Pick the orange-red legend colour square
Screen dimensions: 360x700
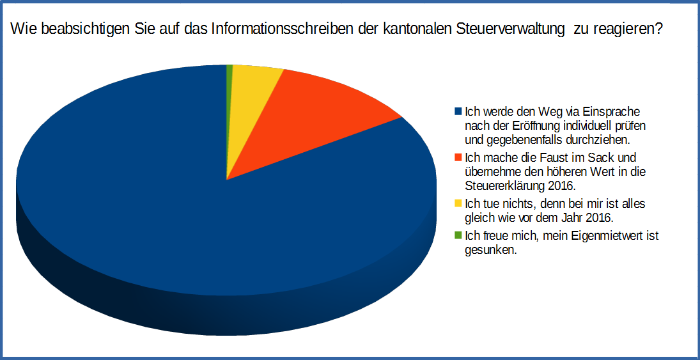pos(458,157)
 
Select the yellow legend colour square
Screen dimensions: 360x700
pos(458,203)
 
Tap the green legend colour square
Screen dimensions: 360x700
pos(458,235)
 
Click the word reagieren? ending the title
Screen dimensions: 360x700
pos(627,30)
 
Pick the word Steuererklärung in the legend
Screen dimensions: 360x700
pos(502,185)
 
